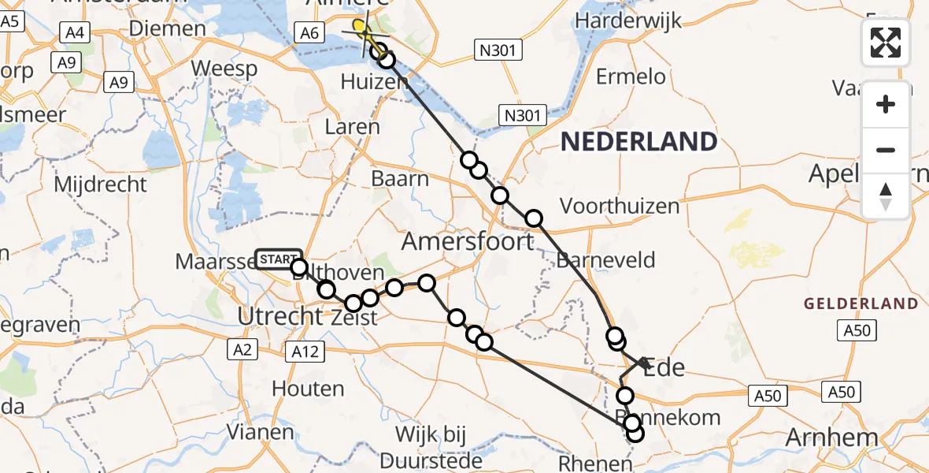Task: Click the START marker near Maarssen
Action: click(278, 259)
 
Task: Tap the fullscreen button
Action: click(886, 43)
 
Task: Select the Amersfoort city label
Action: click(468, 241)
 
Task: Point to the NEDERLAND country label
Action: click(638, 142)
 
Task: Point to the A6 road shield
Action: click(309, 33)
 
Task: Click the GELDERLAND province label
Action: click(861, 304)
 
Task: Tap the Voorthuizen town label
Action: click(619, 207)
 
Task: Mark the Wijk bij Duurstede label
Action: click(431, 445)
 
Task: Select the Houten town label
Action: click(308, 389)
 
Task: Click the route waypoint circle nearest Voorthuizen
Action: click(534, 218)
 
